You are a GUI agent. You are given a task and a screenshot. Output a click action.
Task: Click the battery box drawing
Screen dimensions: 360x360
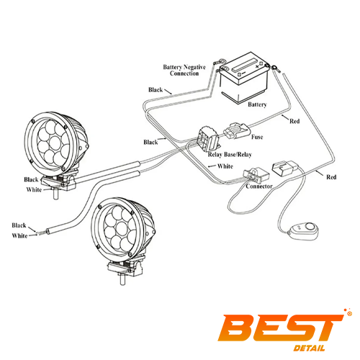(243, 78)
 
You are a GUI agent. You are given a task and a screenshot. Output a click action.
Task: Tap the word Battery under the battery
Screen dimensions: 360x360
(257, 104)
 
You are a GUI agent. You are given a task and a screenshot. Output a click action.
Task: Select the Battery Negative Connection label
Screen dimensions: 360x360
(184, 70)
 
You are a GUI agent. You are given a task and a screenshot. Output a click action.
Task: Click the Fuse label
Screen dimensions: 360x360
(257, 137)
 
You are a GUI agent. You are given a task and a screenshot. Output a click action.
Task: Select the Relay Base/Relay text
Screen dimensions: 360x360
(230, 155)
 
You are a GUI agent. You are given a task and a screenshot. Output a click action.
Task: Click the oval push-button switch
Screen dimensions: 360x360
(303, 230)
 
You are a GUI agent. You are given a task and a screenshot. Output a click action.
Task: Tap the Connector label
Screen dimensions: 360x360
(259, 186)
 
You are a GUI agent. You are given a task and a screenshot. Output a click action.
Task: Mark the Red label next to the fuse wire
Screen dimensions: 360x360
(294, 121)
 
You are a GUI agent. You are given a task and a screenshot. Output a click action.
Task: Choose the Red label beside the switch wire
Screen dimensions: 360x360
(331, 177)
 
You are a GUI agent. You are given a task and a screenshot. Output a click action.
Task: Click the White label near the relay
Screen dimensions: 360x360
(225, 166)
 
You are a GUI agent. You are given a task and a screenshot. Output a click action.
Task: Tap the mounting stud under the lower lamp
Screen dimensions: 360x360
(122, 279)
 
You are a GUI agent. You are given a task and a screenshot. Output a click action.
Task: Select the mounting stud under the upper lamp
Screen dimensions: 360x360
(56, 194)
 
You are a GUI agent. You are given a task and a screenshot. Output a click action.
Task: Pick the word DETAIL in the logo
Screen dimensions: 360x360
(310, 348)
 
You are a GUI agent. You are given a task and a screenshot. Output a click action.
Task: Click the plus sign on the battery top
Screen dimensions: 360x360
(257, 66)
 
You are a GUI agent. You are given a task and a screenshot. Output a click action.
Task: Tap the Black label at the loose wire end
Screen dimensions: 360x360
(19, 225)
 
